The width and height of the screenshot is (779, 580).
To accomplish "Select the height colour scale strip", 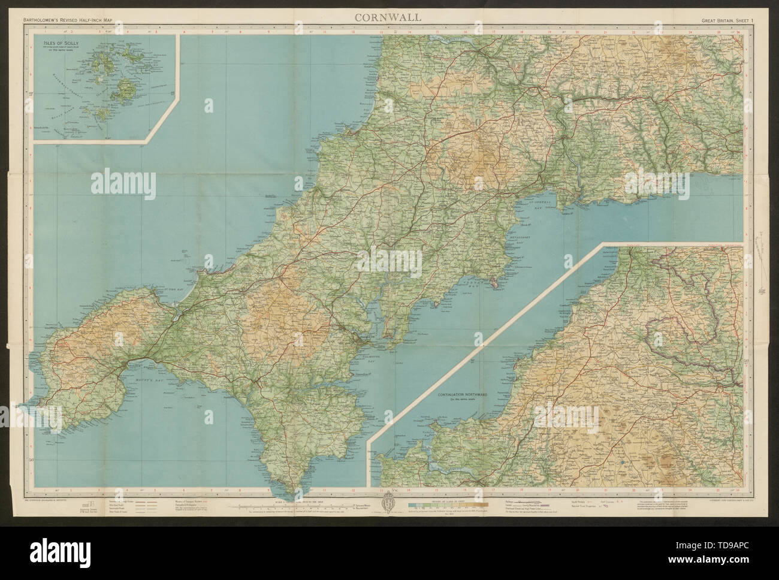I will [x=446, y=505].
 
